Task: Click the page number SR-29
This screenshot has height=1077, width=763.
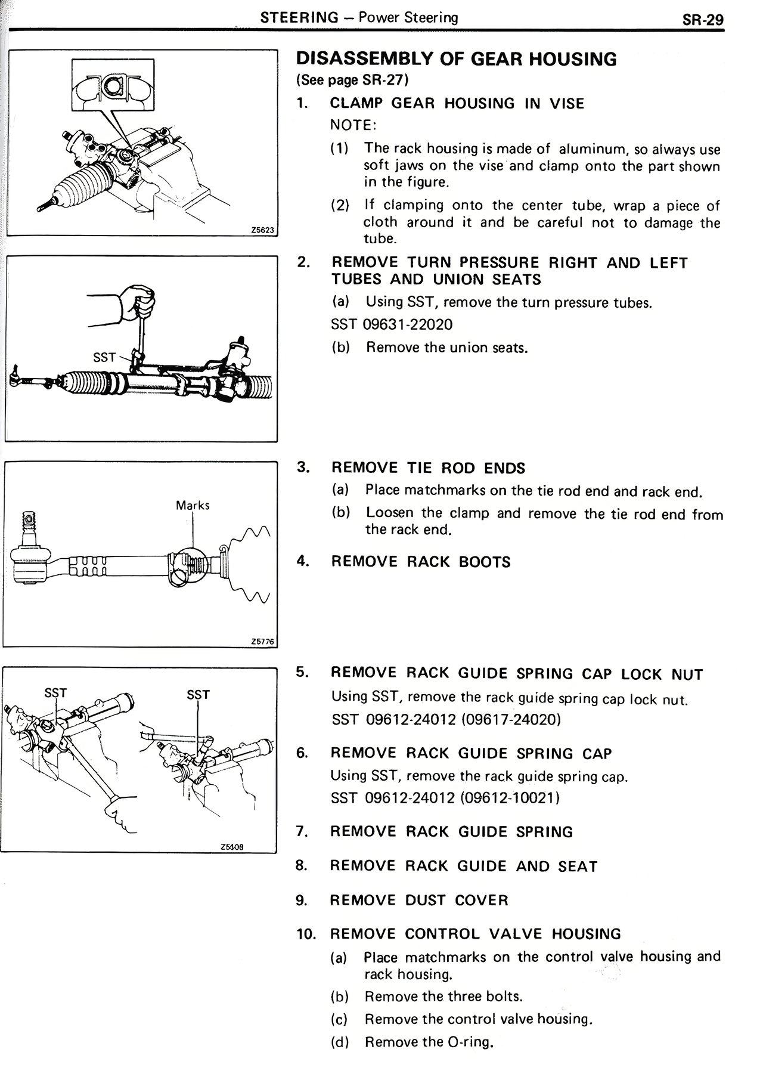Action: click(703, 20)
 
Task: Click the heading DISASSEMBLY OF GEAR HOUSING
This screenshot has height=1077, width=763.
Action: click(457, 59)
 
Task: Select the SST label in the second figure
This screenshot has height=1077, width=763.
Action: click(104, 357)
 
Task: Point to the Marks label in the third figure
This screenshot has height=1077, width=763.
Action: click(193, 505)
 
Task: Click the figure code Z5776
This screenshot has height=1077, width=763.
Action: click(262, 642)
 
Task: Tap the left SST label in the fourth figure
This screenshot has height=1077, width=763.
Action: click(56, 692)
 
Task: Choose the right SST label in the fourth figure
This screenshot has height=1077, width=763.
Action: click(198, 695)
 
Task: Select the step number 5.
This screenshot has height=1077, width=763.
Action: click(302, 672)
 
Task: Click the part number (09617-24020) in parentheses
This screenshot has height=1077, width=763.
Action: click(511, 719)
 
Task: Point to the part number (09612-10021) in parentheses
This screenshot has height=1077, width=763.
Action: click(510, 798)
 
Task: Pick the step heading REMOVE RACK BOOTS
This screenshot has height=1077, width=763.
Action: click(421, 562)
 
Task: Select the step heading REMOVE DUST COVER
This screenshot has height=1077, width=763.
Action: click(419, 900)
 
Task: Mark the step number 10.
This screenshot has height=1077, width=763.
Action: click(305, 934)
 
